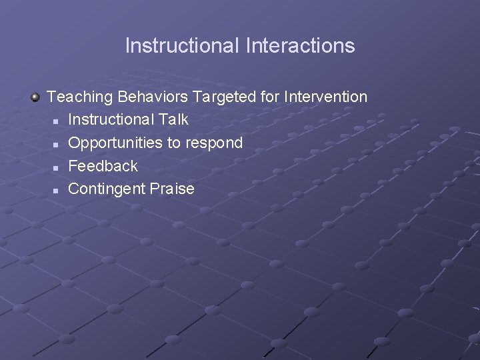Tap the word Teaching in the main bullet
tap(80, 97)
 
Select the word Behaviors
tap(153, 97)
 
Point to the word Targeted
tap(224, 97)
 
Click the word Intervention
tap(325, 97)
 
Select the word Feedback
tap(103, 166)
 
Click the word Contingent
tap(107, 189)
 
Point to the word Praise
tap(172, 189)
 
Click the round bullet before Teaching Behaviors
tap(35, 97)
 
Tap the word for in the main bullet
tap(270, 97)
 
